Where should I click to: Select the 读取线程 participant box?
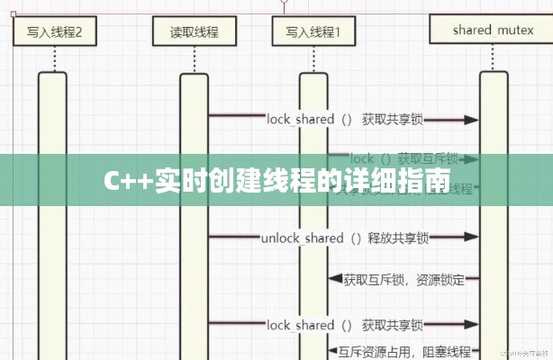(x=194, y=33)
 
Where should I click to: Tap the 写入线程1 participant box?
(x=313, y=33)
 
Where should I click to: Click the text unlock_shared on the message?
(x=303, y=238)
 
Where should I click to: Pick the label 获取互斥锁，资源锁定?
(x=404, y=280)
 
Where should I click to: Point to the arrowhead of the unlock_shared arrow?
(x=472, y=238)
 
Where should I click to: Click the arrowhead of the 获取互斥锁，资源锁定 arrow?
(x=333, y=280)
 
